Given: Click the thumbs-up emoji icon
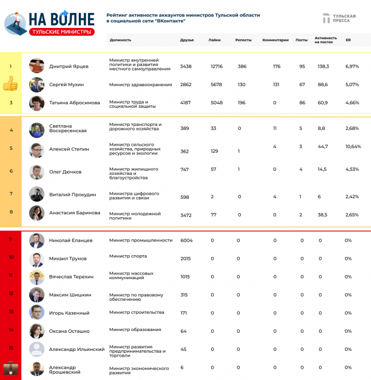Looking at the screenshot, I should (x=10, y=85).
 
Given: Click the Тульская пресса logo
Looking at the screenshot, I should (x=338, y=19).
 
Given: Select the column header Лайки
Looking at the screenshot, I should (x=215, y=40).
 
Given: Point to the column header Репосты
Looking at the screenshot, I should (x=244, y=40).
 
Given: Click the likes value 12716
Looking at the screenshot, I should (x=216, y=67).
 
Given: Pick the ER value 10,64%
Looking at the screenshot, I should (x=353, y=146).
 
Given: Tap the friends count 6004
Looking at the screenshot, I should (x=187, y=240).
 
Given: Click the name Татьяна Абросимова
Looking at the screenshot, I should (x=74, y=103).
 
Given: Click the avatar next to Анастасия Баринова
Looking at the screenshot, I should (x=37, y=213).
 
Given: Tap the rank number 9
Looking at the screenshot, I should (x=10, y=239).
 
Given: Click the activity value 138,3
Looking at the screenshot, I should (x=323, y=67).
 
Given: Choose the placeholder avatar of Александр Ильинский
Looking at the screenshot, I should (x=37, y=349).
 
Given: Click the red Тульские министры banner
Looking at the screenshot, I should (x=61, y=32).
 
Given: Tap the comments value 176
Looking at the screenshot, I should (x=276, y=67).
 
